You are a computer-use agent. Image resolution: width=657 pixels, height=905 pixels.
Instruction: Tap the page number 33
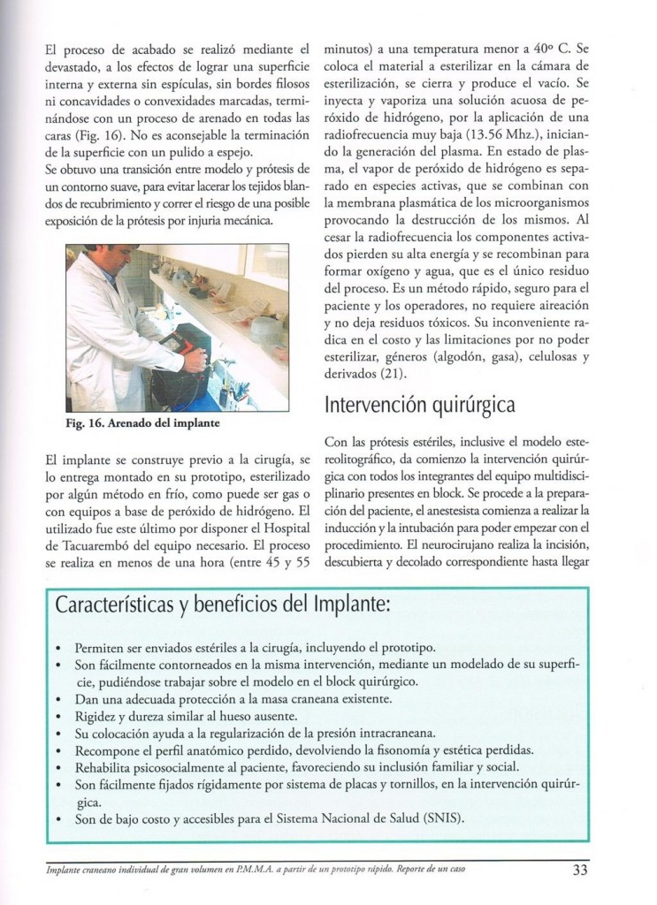(x=580, y=869)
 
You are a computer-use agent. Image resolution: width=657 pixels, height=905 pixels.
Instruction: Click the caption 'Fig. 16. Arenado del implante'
(x=142, y=422)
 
